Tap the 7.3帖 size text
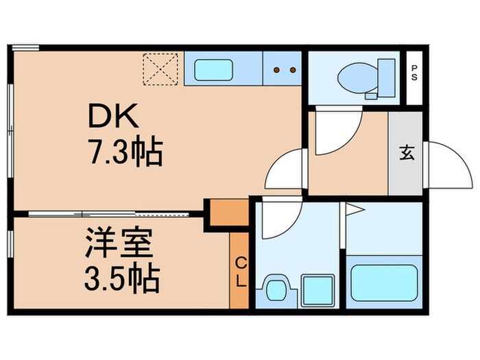point(124,153)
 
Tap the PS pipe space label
point(414,73)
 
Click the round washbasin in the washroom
point(277,289)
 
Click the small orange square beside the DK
point(227,212)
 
